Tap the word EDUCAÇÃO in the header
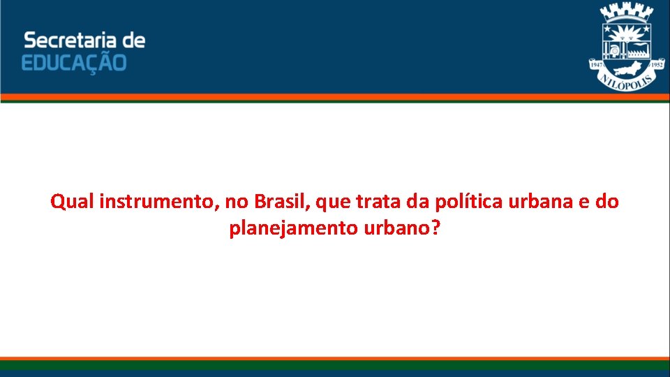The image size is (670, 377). [74, 63]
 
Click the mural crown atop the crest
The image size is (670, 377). [626, 13]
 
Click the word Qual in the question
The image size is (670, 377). [73, 202]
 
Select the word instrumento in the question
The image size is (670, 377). [158, 202]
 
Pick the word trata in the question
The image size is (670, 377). [378, 202]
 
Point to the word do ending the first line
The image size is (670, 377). [607, 202]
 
